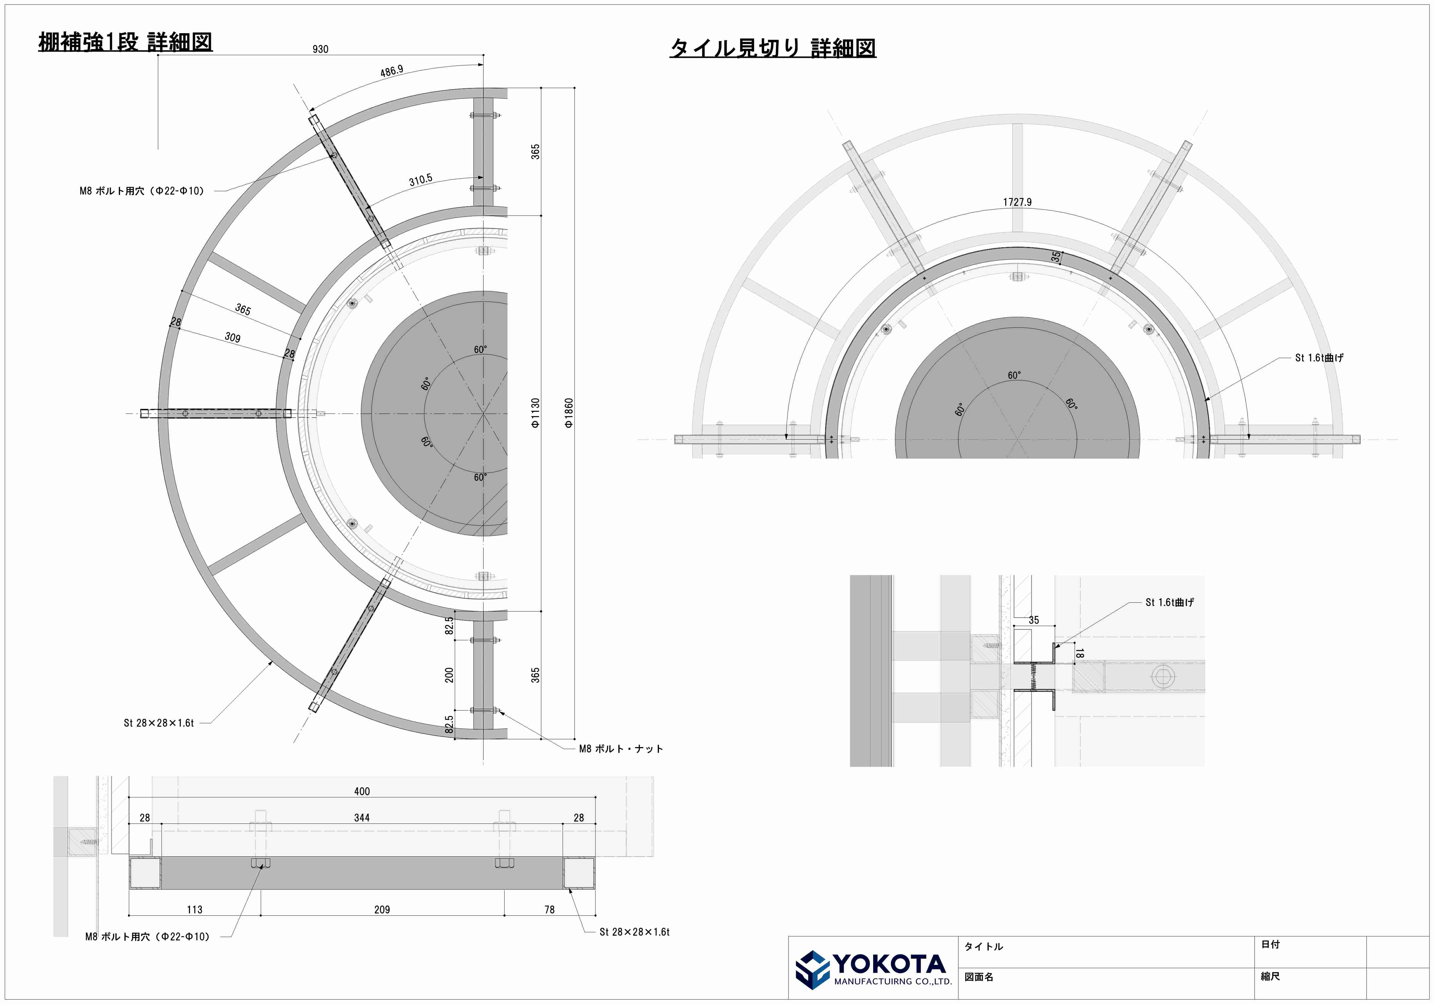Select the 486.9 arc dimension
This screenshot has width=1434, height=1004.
coord(392,71)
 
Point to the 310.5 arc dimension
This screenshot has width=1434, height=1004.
coord(420,180)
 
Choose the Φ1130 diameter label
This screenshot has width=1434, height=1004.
coord(535,413)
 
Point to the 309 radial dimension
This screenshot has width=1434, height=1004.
coord(232,337)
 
